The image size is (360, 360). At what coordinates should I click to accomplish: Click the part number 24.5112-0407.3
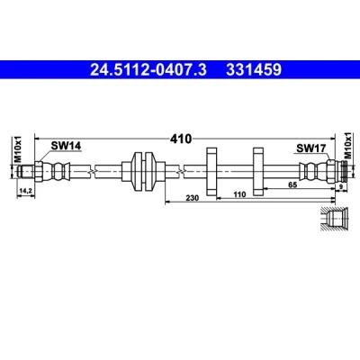pos(148,69)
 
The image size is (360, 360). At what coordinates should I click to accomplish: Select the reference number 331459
pos(254,69)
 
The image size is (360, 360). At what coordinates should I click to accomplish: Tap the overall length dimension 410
pos(181,139)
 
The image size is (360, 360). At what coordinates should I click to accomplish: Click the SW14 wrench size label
pos(66,146)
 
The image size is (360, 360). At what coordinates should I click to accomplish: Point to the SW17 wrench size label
pos(311,148)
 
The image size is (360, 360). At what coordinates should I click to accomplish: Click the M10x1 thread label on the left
pos(19,149)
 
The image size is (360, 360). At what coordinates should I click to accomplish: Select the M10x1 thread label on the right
pos(348,145)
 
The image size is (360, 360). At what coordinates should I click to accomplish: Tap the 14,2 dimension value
pos(26,191)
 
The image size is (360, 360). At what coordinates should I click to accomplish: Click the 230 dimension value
pos(193,198)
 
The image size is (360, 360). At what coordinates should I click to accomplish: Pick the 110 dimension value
pos(239,194)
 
